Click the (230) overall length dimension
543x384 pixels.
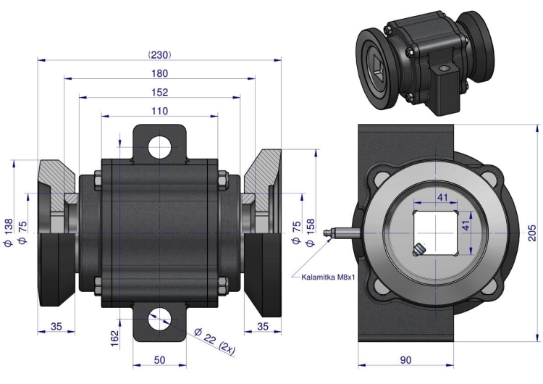coord(159,54)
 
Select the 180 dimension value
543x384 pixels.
coord(159,73)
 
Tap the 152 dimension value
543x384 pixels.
coord(159,92)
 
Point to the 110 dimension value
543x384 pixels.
coord(159,111)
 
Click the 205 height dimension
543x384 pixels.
coord(532,231)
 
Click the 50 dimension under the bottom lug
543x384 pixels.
coord(160,360)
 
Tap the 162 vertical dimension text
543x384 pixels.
coord(114,338)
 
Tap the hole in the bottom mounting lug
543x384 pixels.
coord(160,318)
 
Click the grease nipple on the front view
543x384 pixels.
coord(334,233)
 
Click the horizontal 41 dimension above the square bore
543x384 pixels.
coord(443,197)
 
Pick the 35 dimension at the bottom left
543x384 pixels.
coord(56,327)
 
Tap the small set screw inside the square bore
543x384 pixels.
coord(420,250)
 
